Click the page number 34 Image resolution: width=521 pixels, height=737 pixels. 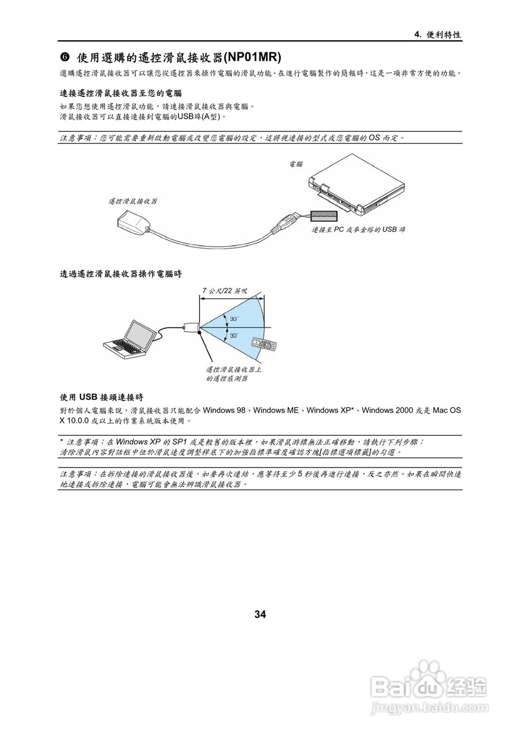coord(260,614)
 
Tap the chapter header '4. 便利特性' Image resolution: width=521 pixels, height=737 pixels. coord(438,35)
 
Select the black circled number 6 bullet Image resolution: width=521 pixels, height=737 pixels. coord(65,57)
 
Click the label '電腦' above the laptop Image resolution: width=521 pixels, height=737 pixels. coord(295,164)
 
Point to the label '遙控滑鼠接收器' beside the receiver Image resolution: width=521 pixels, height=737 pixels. coord(133,201)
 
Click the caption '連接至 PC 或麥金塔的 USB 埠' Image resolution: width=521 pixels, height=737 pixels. coord(358,229)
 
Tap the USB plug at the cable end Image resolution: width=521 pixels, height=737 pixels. coord(288,221)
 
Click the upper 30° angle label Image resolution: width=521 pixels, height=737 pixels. coord(234,318)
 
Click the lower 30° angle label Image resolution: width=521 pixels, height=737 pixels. coord(234,335)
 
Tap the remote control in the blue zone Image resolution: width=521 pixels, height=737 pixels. coord(265,344)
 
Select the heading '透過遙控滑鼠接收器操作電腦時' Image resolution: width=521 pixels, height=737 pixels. coord(121,273)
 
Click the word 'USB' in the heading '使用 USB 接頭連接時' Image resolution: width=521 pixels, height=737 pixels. coord(89,397)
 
